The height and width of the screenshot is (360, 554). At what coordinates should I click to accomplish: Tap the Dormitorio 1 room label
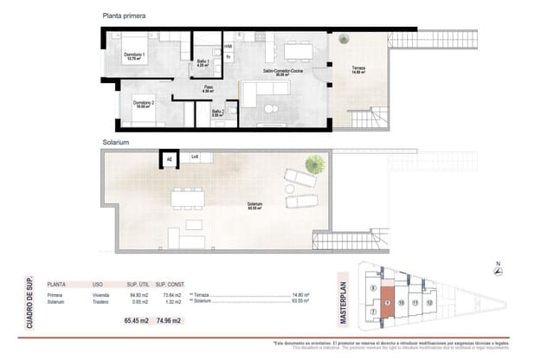click(x=133, y=56)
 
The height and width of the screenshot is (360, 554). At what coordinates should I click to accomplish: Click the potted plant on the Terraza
click(x=345, y=39)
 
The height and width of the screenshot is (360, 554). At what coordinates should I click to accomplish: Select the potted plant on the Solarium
click(x=316, y=163)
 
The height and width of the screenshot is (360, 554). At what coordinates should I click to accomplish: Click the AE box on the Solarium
click(x=169, y=158)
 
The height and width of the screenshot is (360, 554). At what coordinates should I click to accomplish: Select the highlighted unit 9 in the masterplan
click(x=388, y=304)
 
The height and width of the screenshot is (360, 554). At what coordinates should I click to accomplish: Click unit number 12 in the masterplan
click(x=429, y=303)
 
